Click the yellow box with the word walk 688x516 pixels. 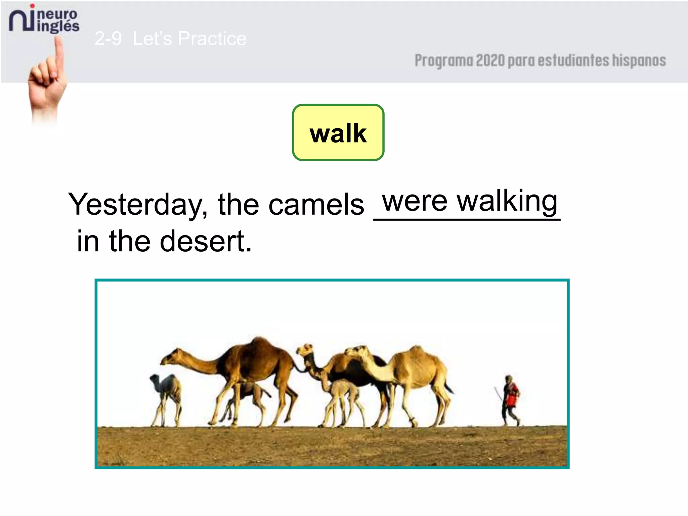point(338,132)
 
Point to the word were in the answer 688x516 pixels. point(415,202)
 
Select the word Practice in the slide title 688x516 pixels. point(212,38)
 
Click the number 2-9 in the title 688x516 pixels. point(108,38)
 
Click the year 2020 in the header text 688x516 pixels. point(490,61)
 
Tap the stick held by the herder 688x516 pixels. point(498,393)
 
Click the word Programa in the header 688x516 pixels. point(443,61)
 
